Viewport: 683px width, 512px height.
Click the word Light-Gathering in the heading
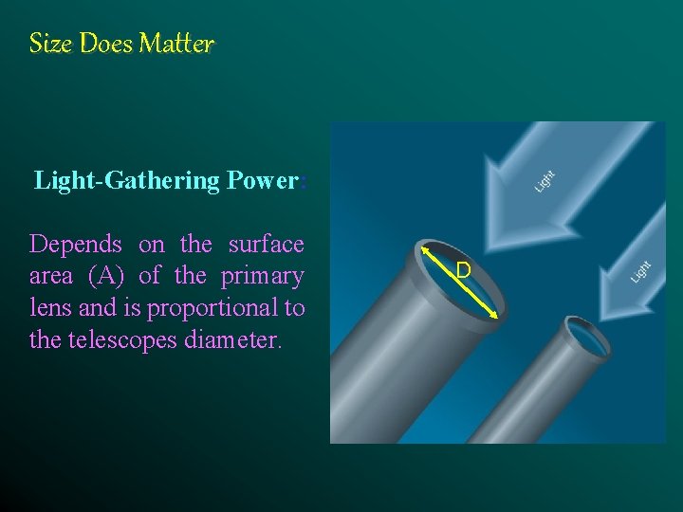pos(127,180)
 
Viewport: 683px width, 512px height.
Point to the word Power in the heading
pos(263,180)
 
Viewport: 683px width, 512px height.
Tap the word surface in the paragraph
pos(266,245)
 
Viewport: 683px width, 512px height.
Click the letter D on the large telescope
pos(463,271)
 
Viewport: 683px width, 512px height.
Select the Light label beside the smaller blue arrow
pos(642,271)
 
